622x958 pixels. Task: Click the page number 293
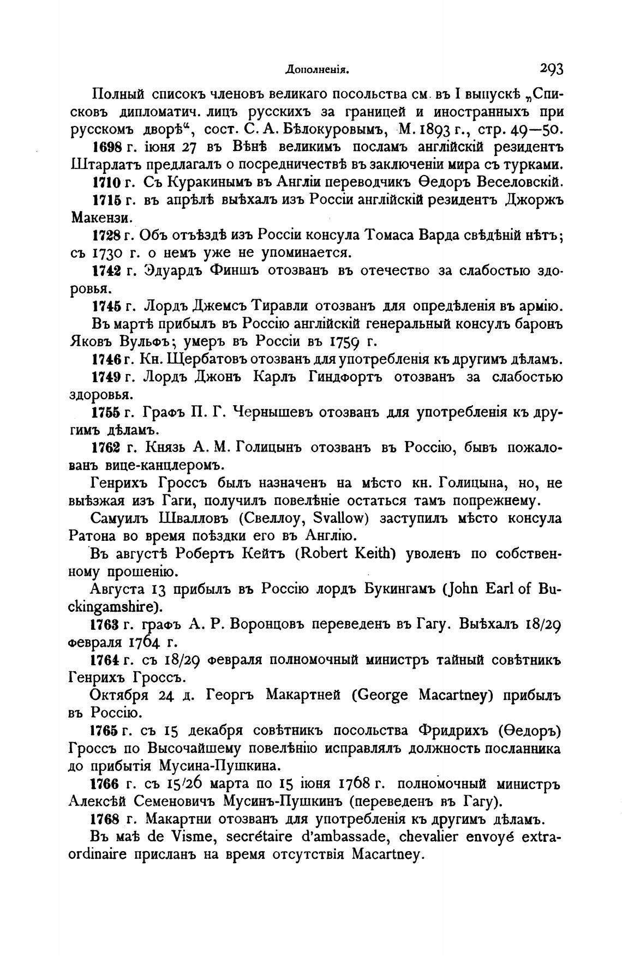tap(552, 69)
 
